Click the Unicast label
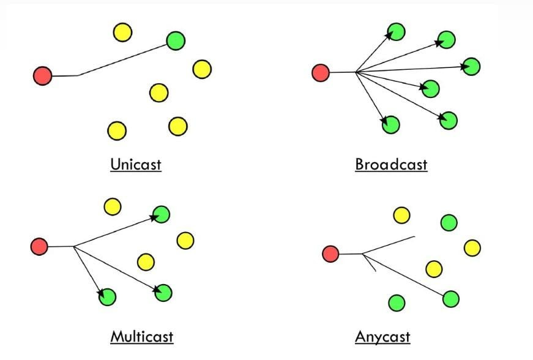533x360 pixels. click(x=135, y=164)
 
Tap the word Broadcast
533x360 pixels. click(x=391, y=164)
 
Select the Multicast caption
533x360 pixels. click(x=141, y=336)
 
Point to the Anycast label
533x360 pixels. click(x=382, y=336)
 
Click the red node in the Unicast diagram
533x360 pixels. click(x=42, y=76)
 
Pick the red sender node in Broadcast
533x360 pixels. click(x=321, y=73)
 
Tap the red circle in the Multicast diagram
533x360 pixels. click(x=39, y=246)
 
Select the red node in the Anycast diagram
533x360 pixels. click(x=330, y=253)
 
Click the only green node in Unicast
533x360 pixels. click(x=176, y=40)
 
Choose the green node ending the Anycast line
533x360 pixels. click(x=450, y=299)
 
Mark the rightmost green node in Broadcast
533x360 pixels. click(x=471, y=66)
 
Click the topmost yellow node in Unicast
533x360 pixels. click(x=122, y=32)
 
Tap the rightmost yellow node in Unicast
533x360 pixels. click(x=202, y=69)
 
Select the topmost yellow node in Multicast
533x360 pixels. click(x=112, y=206)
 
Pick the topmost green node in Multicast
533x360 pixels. click(x=161, y=214)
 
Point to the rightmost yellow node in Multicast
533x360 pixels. click(x=185, y=240)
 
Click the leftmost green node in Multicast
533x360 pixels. click(x=107, y=297)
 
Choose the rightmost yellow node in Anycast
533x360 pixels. click(x=472, y=247)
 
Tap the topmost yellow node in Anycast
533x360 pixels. click(x=401, y=215)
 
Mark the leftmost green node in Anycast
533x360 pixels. click(x=397, y=302)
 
